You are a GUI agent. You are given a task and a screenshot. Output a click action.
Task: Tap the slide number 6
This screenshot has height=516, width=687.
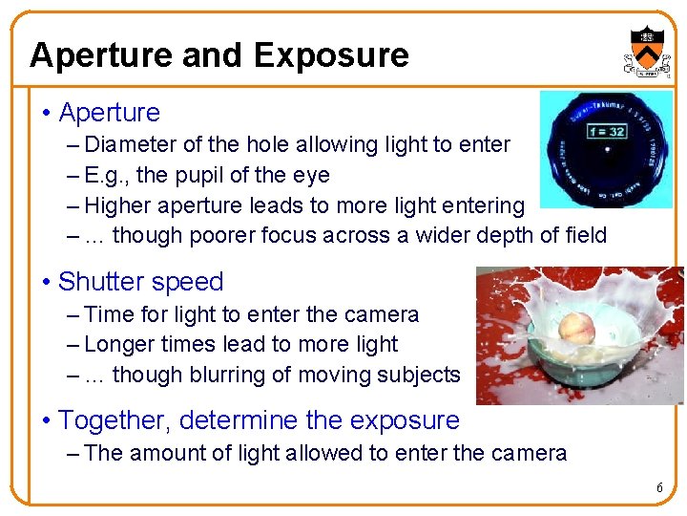point(658,488)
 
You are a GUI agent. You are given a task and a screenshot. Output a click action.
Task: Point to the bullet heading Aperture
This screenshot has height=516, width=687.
point(109,113)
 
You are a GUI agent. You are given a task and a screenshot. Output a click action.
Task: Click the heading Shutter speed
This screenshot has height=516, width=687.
point(140,282)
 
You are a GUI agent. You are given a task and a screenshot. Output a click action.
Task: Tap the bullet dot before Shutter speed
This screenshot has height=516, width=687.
point(46,283)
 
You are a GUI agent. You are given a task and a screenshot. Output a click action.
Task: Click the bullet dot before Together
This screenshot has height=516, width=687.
point(46,421)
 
